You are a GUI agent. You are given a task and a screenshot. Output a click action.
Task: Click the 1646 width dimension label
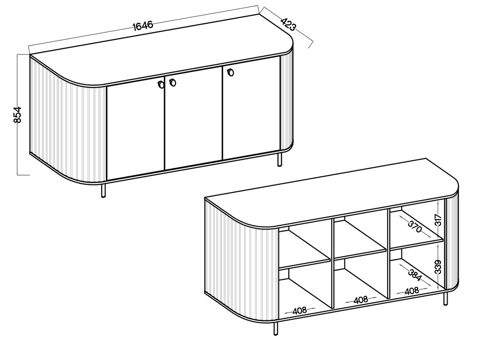click(143, 25)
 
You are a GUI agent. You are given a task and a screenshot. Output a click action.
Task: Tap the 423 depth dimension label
click(288, 24)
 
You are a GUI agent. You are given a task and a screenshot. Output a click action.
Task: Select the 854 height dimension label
click(18, 115)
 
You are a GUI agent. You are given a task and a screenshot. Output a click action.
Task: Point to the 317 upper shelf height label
click(438, 220)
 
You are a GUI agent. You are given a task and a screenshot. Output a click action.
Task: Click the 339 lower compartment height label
click(438, 267)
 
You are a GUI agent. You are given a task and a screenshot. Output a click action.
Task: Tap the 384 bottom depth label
click(415, 275)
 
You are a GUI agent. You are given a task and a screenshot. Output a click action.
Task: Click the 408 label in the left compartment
click(300, 311)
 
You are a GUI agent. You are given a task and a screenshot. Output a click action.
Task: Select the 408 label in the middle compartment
click(360, 300)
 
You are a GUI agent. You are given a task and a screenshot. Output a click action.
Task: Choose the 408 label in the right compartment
click(412, 291)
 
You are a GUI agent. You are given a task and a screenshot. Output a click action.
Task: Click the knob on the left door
click(161, 84)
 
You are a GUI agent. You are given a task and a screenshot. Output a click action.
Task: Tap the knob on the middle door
click(172, 82)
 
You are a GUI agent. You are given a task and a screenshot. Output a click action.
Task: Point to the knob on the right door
click(231, 72)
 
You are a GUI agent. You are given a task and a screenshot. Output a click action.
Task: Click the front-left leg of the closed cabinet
click(104, 190)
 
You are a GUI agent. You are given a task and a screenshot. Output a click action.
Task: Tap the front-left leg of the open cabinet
click(276, 329)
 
